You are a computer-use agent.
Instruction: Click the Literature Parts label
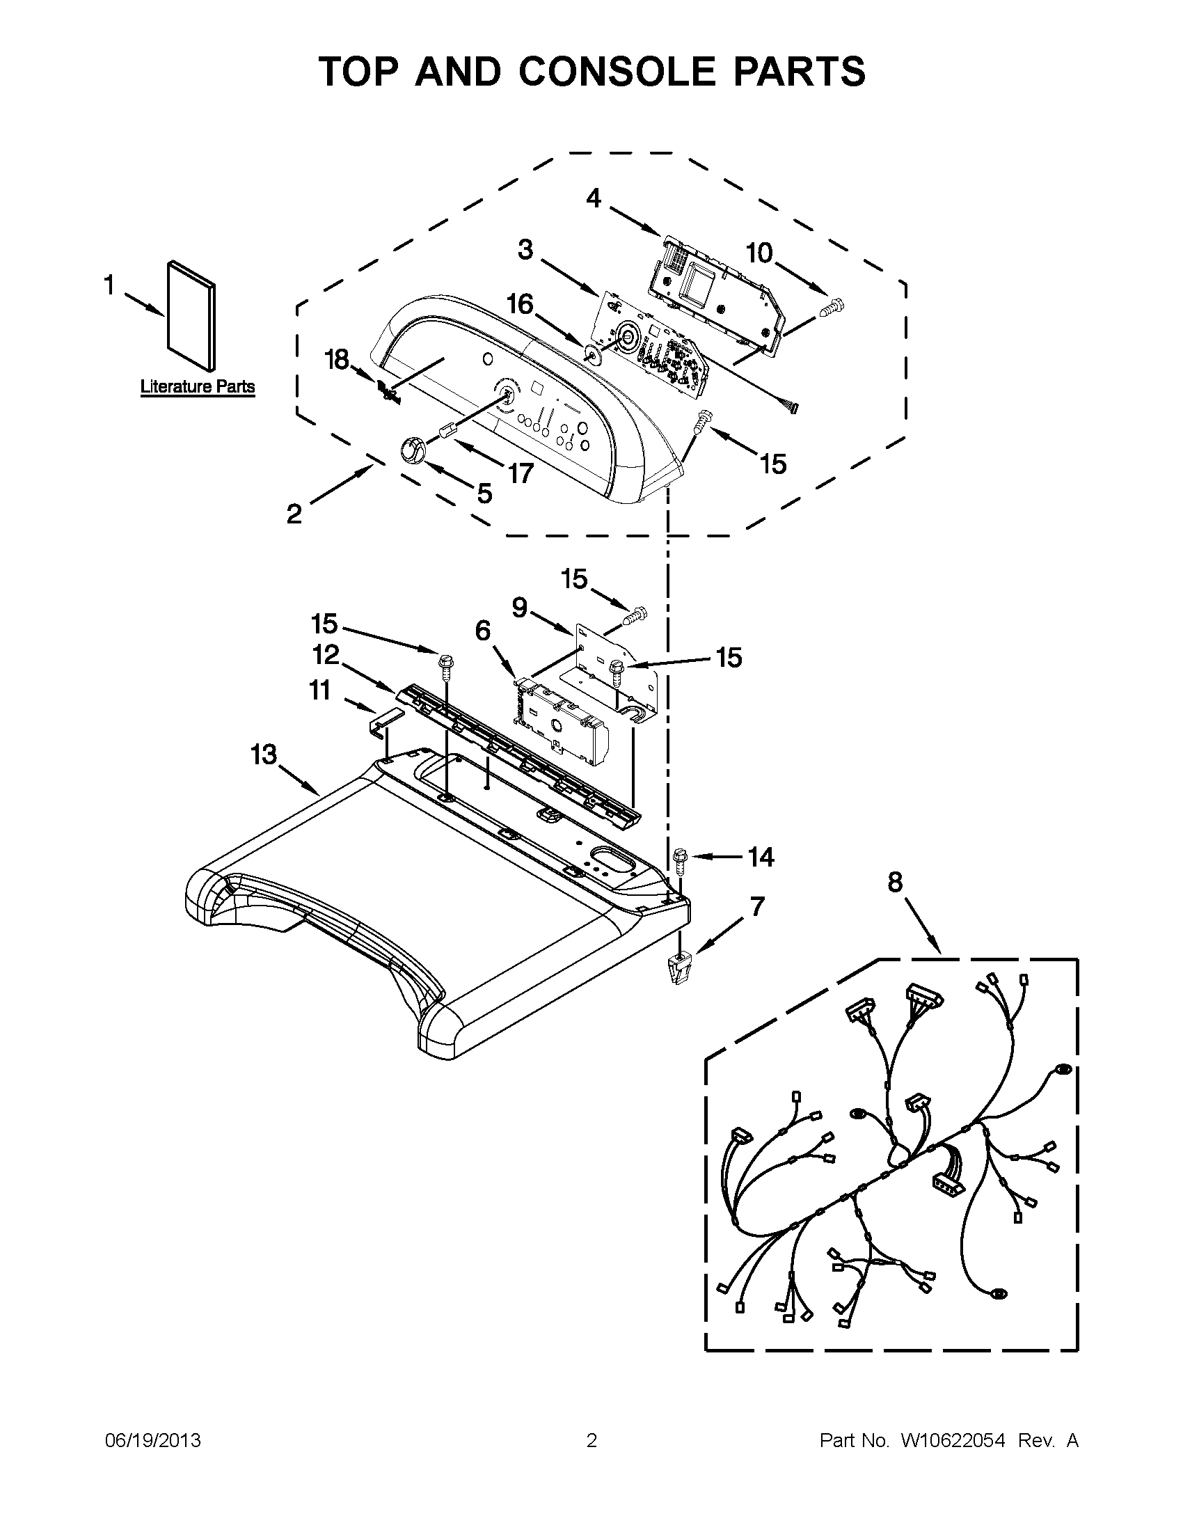[x=197, y=386]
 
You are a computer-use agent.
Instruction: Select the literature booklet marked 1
[x=191, y=316]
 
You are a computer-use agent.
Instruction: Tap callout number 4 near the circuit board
[x=594, y=198]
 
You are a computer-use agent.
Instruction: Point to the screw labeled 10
[x=834, y=306]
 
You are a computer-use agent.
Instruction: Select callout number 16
[x=521, y=304]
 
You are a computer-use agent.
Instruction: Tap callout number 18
[x=337, y=360]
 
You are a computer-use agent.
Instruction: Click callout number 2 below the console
[x=294, y=514]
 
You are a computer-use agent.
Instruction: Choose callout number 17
[x=520, y=473]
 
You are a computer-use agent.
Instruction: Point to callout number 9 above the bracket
[x=520, y=608]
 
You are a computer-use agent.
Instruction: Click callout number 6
[x=483, y=631]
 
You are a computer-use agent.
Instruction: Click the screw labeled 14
[x=678, y=859]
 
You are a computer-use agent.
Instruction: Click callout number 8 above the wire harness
[x=895, y=883]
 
